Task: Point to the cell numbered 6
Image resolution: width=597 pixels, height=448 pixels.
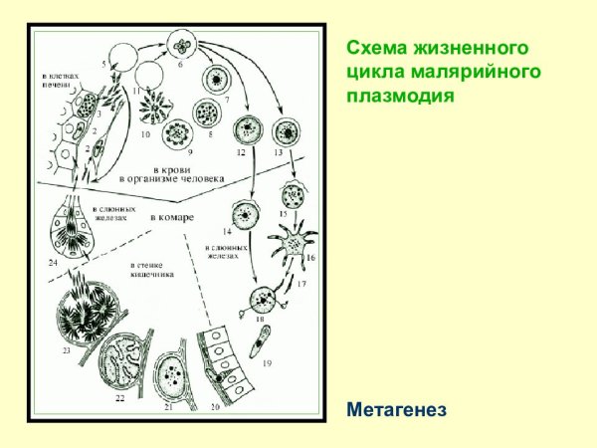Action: (182, 45)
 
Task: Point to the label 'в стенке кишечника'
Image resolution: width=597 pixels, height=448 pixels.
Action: (153, 270)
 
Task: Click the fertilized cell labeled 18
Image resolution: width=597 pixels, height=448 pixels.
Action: (263, 297)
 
